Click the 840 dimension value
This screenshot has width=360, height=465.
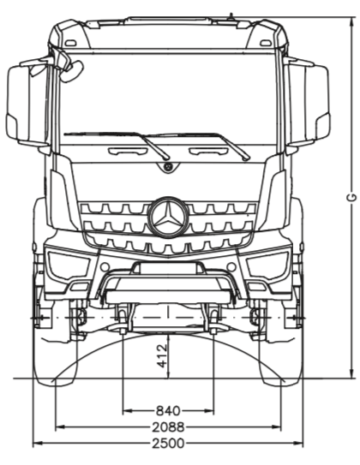(168, 411)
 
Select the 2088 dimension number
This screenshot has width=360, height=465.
(168, 427)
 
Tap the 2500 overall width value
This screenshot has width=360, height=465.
(168, 444)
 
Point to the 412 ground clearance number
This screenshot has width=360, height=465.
(162, 355)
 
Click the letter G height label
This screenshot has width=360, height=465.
(351, 198)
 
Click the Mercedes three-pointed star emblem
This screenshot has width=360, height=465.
(168, 217)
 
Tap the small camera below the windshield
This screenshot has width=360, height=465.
(168, 167)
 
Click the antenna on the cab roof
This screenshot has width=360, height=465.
(231, 16)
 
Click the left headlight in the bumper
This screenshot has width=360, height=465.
(69, 265)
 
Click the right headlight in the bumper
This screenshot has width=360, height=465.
(267, 265)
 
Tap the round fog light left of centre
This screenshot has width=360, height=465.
(105, 266)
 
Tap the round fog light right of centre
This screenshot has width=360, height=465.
(231, 266)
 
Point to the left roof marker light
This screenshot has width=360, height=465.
(70, 43)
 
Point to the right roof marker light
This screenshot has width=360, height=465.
(266, 43)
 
